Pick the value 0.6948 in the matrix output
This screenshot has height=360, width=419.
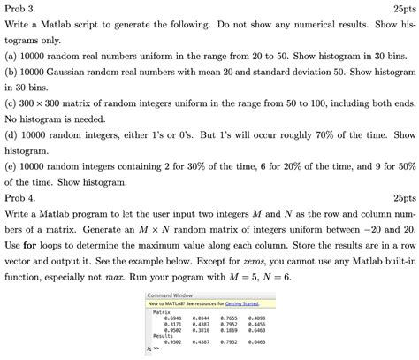tap(171, 318)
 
